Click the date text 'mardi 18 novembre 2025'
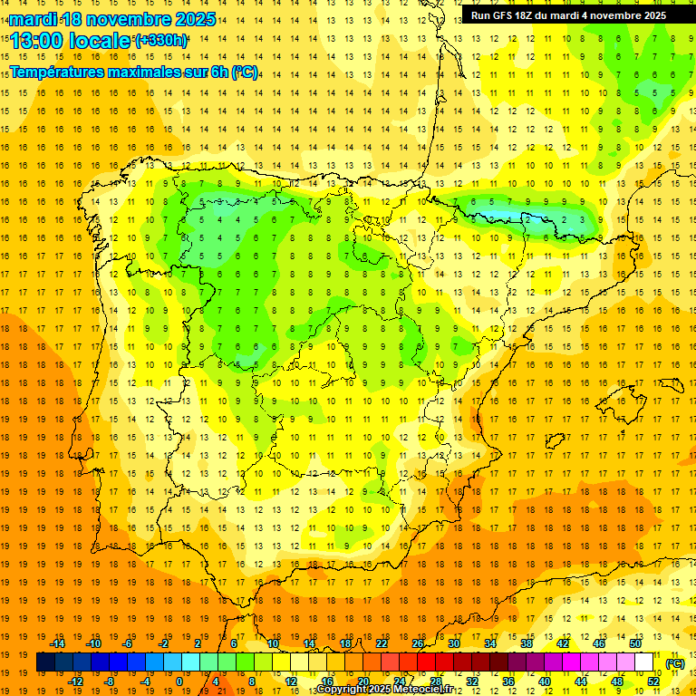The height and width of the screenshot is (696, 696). [112, 19]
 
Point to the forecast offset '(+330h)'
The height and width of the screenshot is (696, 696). [161, 41]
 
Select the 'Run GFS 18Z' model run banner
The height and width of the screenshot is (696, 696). [568, 14]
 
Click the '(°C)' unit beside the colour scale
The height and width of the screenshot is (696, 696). [674, 662]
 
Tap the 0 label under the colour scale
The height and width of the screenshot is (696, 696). [179, 681]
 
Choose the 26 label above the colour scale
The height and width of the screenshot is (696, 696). [418, 643]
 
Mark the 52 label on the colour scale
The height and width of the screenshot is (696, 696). [653, 681]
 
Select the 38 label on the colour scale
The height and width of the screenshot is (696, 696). [526, 643]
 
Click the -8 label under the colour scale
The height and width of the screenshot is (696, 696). [110, 681]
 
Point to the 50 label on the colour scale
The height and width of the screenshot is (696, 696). [635, 643]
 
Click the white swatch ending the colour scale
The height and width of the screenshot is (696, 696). [644, 662]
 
